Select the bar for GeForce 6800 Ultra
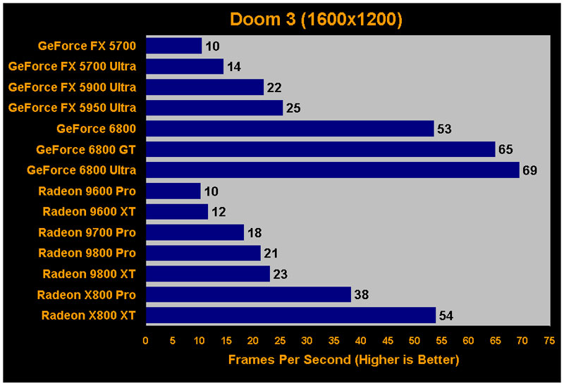click(332, 170)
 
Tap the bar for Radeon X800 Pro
click(248, 294)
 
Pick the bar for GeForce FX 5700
click(173, 46)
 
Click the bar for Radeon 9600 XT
click(177, 212)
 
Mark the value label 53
click(444, 129)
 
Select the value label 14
click(234, 67)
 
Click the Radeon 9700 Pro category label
click(87, 232)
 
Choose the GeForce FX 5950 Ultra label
click(72, 108)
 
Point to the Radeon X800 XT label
click(88, 315)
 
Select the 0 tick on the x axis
click(146, 340)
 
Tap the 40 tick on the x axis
click(360, 340)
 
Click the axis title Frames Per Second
click(343, 360)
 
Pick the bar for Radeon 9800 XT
click(208, 274)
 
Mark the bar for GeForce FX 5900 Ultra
click(204, 87)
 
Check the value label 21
click(271, 253)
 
